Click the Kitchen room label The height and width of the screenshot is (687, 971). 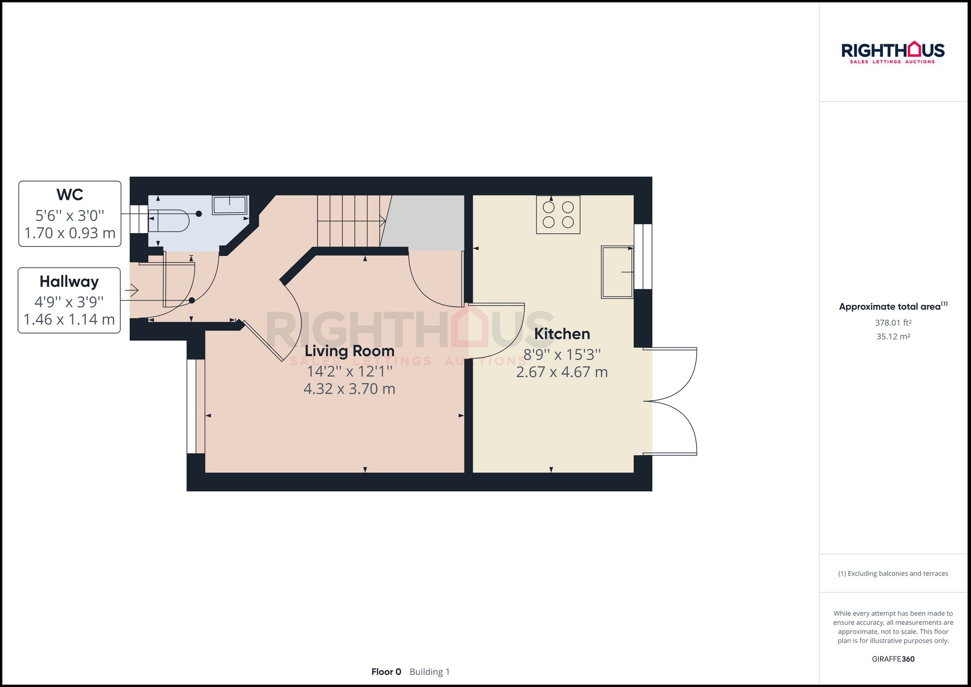562,334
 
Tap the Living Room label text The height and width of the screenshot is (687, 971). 349,351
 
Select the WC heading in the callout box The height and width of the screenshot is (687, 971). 69,195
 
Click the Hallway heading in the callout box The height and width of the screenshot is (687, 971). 69,282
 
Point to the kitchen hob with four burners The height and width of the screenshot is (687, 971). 558,215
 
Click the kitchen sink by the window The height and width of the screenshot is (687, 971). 617,272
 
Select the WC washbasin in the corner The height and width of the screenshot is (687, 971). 230,205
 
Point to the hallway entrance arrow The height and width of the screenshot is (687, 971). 132,290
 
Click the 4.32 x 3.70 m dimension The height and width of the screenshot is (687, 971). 349,389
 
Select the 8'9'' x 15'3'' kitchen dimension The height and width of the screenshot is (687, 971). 562,355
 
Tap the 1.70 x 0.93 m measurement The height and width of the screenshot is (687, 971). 69,233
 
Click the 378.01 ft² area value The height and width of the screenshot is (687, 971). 893,323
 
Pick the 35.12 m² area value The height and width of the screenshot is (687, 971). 893,336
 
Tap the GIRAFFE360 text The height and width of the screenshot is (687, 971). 893,659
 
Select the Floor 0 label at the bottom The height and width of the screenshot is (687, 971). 386,672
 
